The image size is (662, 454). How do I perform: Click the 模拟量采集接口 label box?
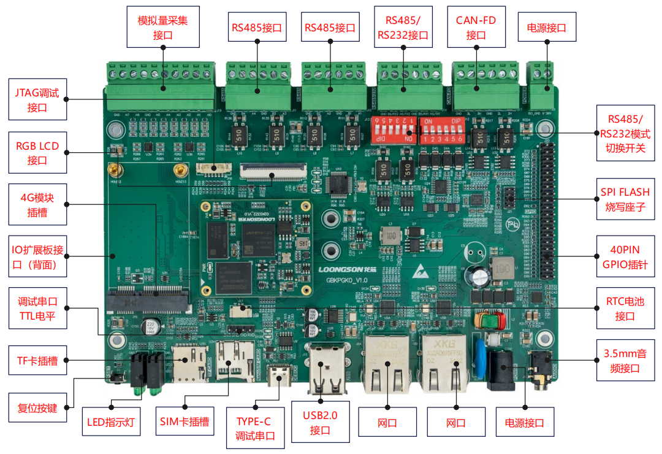(163, 27)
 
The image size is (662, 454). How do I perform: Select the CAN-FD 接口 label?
(476, 27)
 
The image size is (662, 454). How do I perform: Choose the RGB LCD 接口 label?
(37, 153)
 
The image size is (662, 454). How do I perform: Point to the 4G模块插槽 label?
(37, 206)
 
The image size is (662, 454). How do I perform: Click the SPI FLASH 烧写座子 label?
(625, 199)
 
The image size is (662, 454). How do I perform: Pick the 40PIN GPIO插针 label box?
(625, 258)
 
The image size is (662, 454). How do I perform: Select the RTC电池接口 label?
(625, 309)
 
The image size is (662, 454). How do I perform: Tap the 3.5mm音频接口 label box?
(625, 361)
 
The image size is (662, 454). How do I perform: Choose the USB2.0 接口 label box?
(320, 422)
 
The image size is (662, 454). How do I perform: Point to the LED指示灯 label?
(111, 422)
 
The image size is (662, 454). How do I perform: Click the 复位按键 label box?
(37, 407)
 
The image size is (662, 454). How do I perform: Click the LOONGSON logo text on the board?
(343, 269)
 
